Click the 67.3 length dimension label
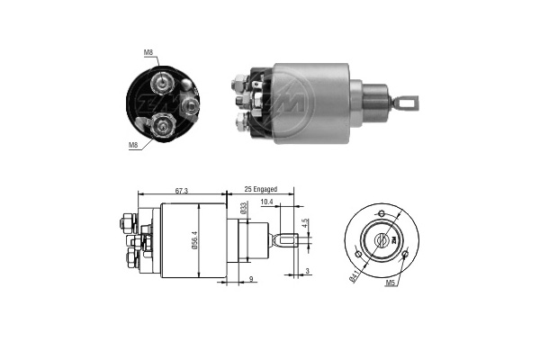tap(182, 191)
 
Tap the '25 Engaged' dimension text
tap(261, 189)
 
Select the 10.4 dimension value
tap(266, 202)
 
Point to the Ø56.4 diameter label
tap(194, 239)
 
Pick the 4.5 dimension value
tap(304, 223)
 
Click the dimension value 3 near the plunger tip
tap(308, 272)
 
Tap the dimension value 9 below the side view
tap(251, 279)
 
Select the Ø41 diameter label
tap(355, 276)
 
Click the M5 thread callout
tap(390, 283)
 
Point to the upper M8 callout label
tap(148, 52)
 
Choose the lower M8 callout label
tap(133, 145)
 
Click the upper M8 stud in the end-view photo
tap(161, 83)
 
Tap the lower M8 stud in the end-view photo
tap(162, 126)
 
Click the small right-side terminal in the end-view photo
tap(189, 106)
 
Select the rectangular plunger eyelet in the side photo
tap(408, 103)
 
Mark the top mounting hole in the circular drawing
tap(382, 213)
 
